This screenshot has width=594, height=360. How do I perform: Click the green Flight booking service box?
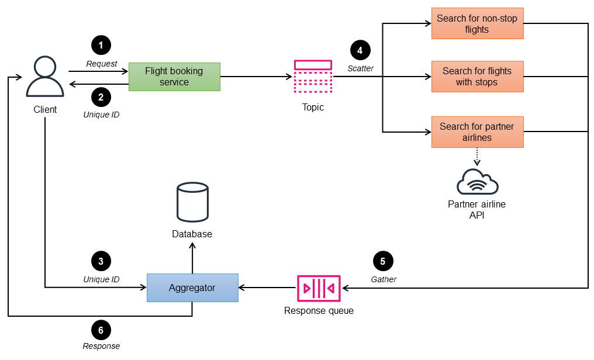(174, 77)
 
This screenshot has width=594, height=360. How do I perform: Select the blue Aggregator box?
(192, 288)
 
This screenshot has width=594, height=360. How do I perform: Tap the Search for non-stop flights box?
(477, 24)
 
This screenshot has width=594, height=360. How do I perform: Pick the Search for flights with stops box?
(477, 77)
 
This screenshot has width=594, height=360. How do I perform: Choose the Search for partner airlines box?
(477, 132)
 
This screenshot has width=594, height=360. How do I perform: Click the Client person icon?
(45, 77)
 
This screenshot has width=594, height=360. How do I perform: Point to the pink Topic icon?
(313, 76)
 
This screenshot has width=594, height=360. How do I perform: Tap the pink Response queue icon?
(319, 288)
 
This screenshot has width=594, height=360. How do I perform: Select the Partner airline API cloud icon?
(477, 182)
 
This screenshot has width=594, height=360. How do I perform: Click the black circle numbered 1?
(101, 45)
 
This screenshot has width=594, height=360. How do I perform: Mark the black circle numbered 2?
(101, 96)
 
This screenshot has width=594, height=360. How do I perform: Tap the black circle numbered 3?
(101, 261)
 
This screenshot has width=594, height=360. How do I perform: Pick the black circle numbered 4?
(360, 50)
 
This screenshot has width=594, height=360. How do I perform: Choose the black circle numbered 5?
(383, 261)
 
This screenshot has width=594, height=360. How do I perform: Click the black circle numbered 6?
(101, 330)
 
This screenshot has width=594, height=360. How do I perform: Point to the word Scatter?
(360, 68)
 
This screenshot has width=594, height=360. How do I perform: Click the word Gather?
(384, 279)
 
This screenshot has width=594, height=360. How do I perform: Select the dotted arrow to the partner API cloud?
(477, 156)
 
